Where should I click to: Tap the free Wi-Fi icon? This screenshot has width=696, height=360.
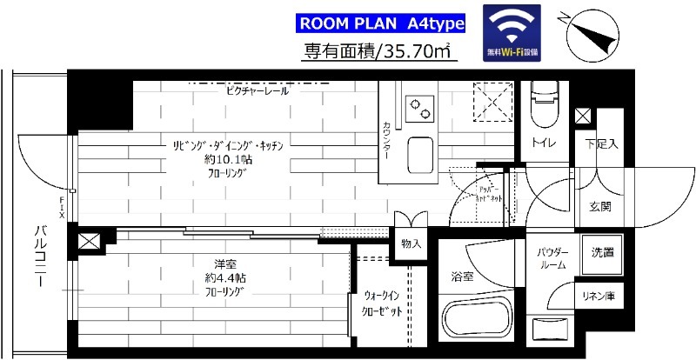coord(512,33)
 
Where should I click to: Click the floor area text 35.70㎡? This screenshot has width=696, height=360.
coord(379,52)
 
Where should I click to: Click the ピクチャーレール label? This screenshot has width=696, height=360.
coord(257,90)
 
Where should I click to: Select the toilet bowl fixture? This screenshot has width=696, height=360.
coord(545,102)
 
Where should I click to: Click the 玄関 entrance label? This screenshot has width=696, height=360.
coord(599,207)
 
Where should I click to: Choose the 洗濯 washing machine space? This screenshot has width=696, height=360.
coord(600,253)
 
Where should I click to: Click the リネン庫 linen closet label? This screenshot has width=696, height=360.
coord(599,297)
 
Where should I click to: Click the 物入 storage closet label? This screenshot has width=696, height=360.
coord(412,244)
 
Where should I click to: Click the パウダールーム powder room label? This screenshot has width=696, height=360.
coord(552,258)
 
